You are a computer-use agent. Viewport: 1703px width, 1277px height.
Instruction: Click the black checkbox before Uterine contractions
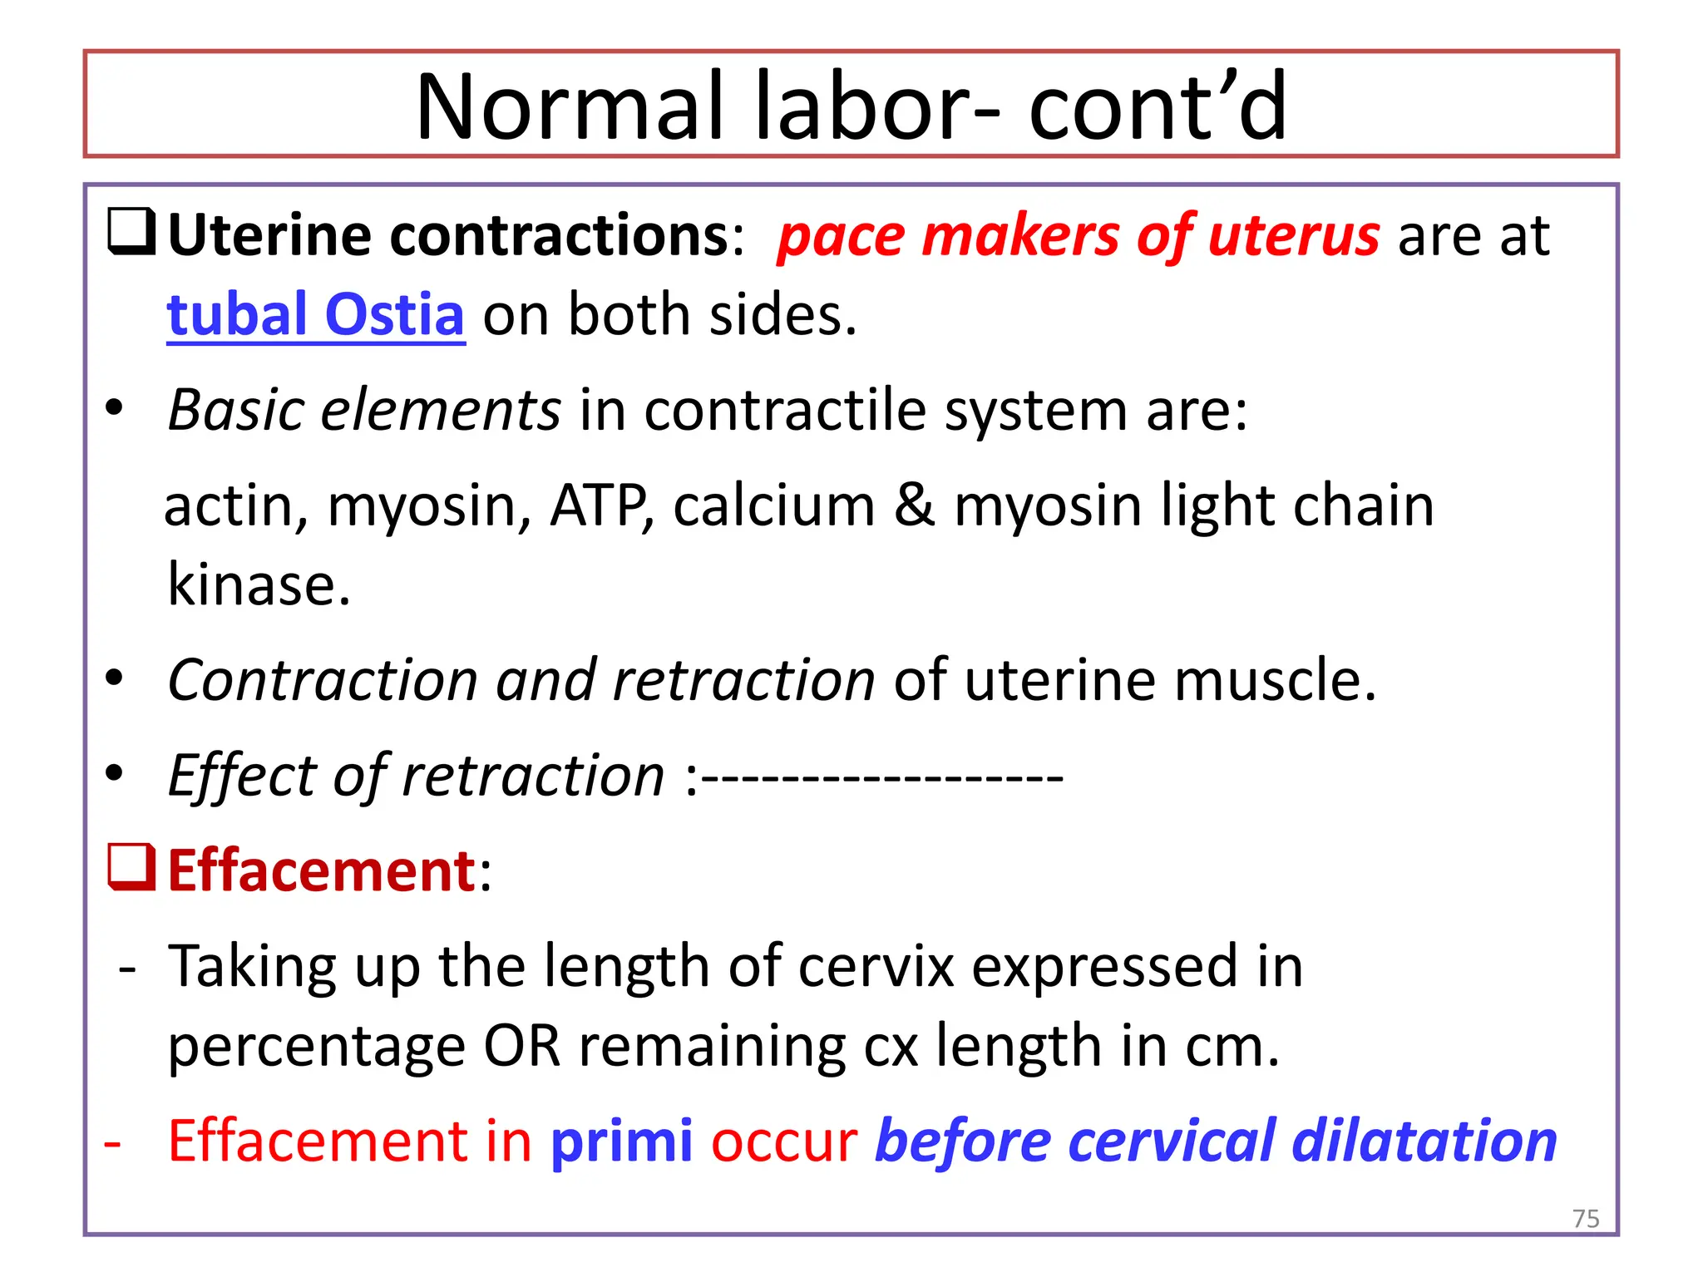(131, 232)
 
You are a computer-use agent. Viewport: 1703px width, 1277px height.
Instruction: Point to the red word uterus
(1294, 236)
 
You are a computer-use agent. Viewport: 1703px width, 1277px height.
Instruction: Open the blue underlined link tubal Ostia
(315, 315)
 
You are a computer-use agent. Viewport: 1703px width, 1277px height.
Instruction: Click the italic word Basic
(235, 410)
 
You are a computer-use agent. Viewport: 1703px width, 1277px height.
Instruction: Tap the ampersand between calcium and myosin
(915, 505)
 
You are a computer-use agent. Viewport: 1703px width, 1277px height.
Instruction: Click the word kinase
(259, 584)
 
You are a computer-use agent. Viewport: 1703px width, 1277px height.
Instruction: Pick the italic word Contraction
(322, 680)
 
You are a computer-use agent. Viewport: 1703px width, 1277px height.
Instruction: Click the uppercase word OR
(522, 1046)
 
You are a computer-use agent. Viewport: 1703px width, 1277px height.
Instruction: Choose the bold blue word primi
(621, 1141)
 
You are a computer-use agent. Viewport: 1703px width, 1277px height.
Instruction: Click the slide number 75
(1586, 1219)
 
